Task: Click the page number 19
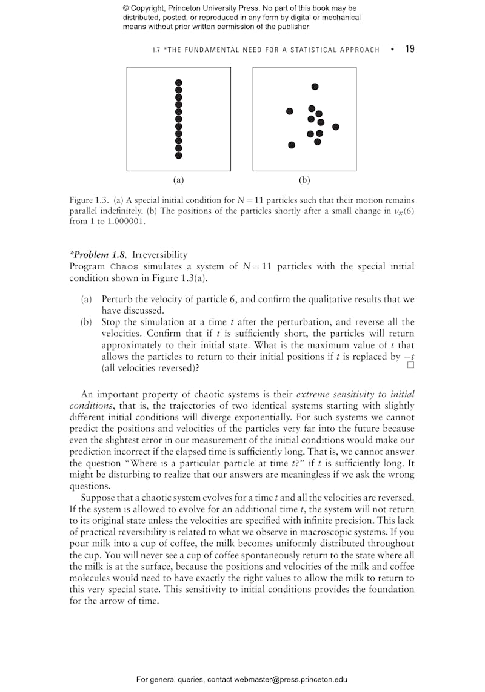[410, 49]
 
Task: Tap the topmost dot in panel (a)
[178, 82]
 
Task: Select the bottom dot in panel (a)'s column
[178, 156]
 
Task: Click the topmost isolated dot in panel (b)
[315, 87]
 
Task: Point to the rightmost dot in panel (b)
[336, 127]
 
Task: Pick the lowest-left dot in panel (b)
[292, 145]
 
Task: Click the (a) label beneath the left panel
[178, 180]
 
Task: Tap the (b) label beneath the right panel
[304, 180]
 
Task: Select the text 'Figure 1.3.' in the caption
[89, 200]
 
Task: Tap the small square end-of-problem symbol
[410, 365]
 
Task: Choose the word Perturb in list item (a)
[116, 299]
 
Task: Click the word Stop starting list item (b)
[112, 322]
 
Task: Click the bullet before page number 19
[393, 50]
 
